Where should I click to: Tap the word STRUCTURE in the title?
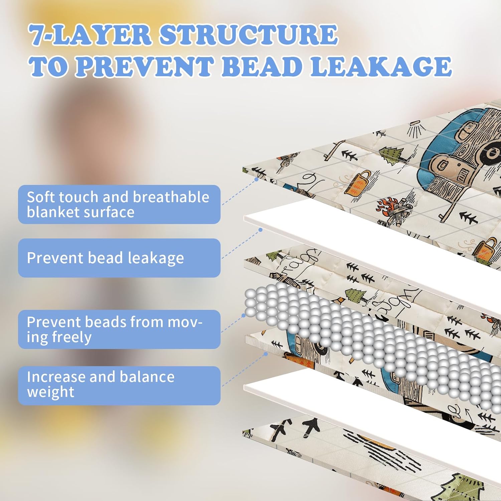[248, 35]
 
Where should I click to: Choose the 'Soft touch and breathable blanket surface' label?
[119, 204]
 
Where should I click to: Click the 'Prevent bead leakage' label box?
[119, 258]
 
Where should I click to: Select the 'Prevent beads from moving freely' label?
[119, 329]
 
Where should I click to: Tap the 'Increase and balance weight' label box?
[119, 385]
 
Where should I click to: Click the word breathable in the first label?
[171, 197]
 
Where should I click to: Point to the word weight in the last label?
[50, 392]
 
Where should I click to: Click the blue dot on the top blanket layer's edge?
[257, 179]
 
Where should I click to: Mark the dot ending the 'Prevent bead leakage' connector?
[261, 230]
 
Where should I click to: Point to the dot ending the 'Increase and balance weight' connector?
[266, 354]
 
